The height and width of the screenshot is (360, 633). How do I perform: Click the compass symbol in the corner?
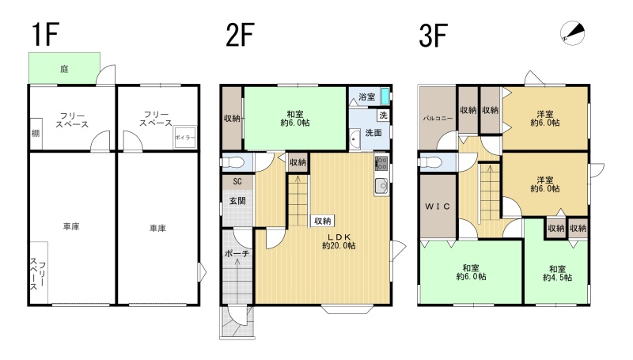[572, 32]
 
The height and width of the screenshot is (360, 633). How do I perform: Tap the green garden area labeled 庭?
[64, 68]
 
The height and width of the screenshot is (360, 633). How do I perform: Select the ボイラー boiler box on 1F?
[185, 138]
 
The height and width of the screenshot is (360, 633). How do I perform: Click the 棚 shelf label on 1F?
[36, 133]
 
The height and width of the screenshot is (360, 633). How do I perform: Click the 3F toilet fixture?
[430, 162]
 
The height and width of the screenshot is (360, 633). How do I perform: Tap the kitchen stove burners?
[381, 163]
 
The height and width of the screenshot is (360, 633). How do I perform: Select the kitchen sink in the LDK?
[381, 186]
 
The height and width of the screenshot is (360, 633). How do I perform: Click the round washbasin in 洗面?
[354, 139]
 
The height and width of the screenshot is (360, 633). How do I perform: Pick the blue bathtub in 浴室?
[385, 96]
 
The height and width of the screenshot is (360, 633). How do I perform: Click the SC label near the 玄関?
[237, 182]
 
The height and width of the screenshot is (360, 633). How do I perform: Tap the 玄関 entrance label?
[237, 201]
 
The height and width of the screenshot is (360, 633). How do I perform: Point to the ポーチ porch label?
[237, 254]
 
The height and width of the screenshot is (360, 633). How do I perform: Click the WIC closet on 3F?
[438, 207]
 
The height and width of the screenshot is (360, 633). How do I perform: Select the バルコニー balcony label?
[438, 119]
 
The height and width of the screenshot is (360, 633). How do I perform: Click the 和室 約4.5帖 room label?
[557, 273]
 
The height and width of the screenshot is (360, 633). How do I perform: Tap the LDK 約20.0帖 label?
[339, 241]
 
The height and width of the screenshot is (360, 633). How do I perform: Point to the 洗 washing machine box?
[383, 115]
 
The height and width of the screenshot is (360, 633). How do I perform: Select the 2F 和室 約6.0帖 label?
[295, 118]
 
